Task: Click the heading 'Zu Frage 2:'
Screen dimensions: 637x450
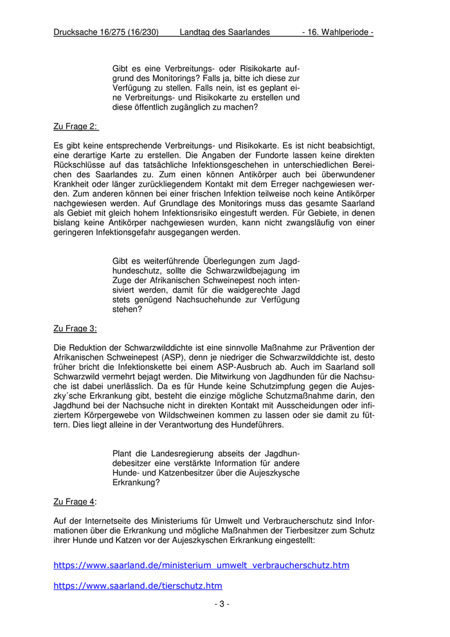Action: (75, 127)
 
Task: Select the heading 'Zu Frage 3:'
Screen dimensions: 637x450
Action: (75, 328)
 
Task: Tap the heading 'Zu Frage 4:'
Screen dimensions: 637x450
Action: (75, 501)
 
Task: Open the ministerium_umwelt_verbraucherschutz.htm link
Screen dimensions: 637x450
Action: (201, 565)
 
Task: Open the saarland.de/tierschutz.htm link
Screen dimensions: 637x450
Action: (138, 586)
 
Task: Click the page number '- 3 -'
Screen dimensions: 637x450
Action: (222, 604)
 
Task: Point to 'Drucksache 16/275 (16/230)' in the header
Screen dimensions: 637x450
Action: (106, 32)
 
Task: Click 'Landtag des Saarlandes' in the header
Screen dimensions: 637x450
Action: (225, 32)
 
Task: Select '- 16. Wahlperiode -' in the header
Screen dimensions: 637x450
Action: (337, 32)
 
